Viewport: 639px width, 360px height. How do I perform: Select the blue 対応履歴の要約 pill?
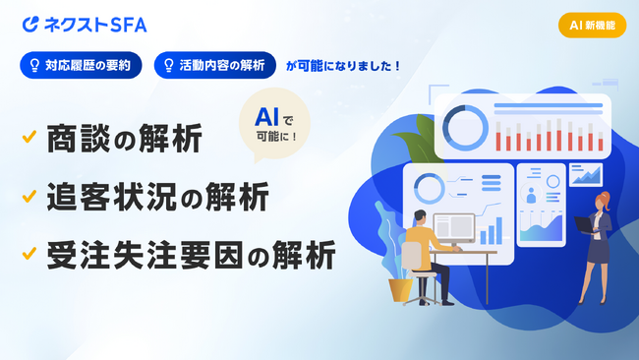coord(81,66)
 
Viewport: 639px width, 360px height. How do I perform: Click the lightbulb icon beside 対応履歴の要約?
coord(33,66)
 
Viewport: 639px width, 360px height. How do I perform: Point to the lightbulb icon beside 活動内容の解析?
coord(168,66)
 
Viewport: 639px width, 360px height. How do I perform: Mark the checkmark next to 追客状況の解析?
coord(29,197)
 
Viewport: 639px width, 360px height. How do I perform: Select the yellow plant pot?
coord(400,289)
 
